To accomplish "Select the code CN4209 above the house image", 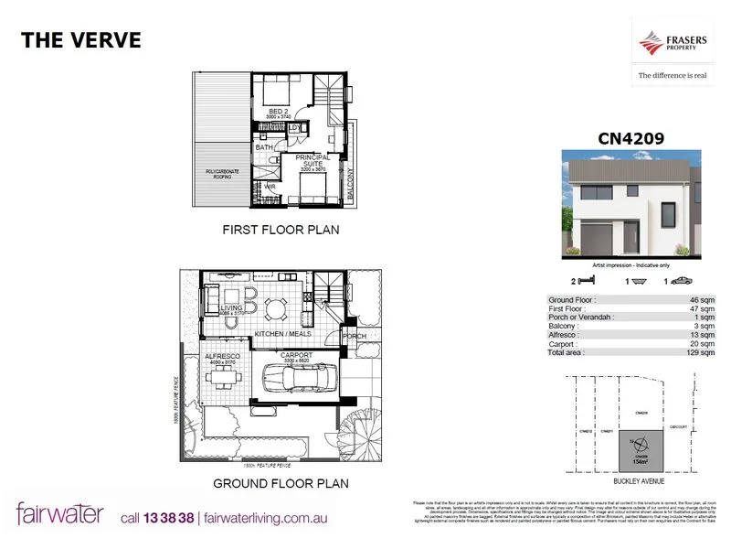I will tap(630, 140).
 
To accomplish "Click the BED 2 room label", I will tap(278, 112).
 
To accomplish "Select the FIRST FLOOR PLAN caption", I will tap(281, 231).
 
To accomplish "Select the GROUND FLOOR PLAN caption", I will tap(281, 482).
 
